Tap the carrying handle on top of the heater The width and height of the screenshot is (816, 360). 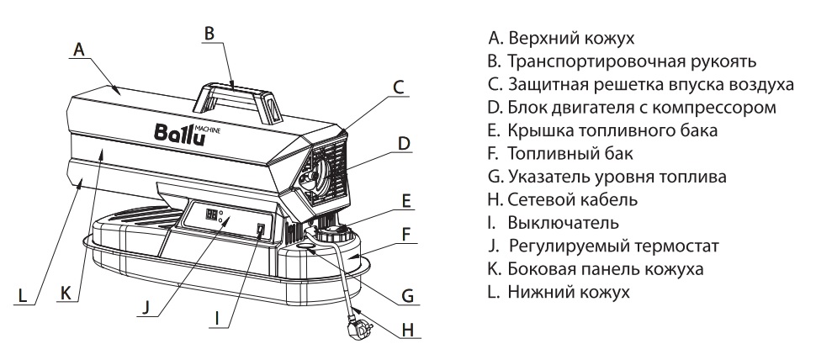coord(237,88)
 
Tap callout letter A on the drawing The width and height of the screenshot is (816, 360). coord(78,50)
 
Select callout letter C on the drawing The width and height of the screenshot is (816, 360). coord(400,87)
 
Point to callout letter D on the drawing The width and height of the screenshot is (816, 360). coord(404,143)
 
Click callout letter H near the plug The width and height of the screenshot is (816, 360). coord(408,331)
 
